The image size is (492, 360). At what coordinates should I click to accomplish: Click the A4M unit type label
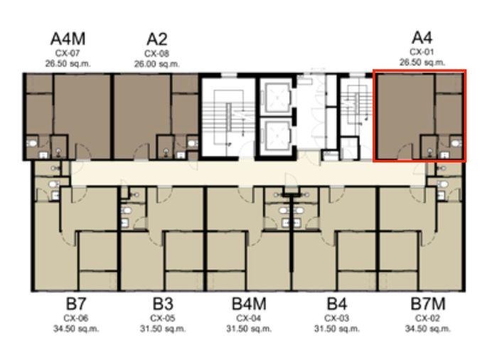(68, 39)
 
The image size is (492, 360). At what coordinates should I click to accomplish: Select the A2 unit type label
(157, 39)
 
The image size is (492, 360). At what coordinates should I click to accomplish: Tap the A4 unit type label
(422, 38)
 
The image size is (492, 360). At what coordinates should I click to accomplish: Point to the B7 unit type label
(76, 304)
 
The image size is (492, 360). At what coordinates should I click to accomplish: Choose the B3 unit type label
(163, 304)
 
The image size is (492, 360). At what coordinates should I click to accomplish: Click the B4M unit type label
(249, 304)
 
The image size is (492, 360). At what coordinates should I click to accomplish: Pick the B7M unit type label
(428, 304)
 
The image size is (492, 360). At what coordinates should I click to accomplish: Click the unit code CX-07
(68, 53)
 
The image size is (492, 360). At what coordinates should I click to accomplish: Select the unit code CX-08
(157, 53)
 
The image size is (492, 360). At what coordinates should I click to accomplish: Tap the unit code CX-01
(422, 52)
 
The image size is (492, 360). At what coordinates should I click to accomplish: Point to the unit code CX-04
(249, 318)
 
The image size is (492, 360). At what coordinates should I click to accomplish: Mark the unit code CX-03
(337, 318)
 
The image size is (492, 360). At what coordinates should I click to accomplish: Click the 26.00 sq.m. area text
(157, 64)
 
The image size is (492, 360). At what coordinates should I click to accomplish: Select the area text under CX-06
(76, 329)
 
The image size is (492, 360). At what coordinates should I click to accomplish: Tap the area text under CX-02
(428, 329)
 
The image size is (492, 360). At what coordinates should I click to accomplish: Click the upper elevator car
(277, 97)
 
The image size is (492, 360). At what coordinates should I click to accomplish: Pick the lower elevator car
(277, 135)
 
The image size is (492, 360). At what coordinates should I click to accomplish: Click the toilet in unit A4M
(32, 144)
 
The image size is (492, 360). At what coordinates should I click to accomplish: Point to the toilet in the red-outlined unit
(456, 144)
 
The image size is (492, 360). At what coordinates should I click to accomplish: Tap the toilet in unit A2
(192, 144)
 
